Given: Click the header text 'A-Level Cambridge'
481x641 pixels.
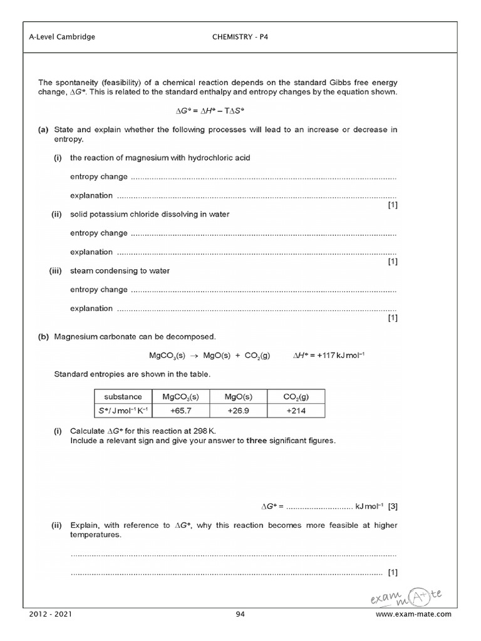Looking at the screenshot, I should pyautogui.click(x=62, y=37).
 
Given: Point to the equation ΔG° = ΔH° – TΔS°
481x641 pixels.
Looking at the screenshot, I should pyautogui.click(x=214, y=110).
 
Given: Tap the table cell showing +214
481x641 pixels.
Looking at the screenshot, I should pyautogui.click(x=296, y=410).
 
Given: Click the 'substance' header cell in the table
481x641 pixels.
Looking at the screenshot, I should pyautogui.click(x=123, y=396).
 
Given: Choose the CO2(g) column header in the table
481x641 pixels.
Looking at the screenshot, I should pyautogui.click(x=296, y=397).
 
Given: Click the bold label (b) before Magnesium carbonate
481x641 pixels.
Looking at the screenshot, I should pyautogui.click(x=43, y=336).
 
